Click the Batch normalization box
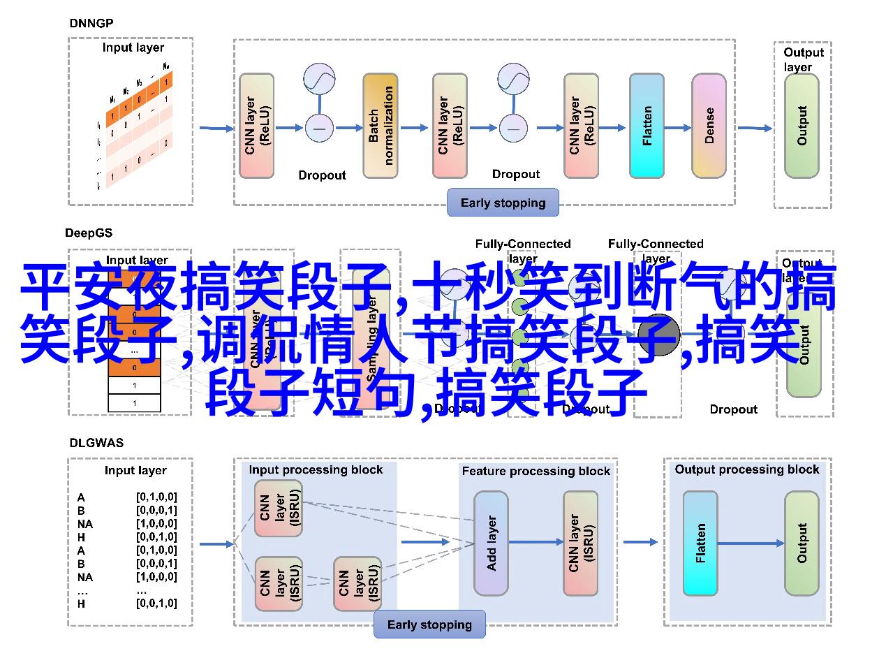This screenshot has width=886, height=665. click(x=381, y=126)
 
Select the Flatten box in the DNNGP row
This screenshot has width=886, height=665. click(x=647, y=126)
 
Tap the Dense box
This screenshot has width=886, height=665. click(x=709, y=126)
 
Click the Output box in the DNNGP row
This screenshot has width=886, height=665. click(x=802, y=126)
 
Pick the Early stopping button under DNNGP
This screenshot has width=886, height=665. click(x=503, y=203)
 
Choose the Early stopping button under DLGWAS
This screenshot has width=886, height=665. click(x=429, y=625)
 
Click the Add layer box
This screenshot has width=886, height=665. click(x=492, y=543)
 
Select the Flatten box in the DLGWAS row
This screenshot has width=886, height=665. click(x=700, y=543)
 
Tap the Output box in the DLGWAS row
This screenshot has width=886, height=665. click(x=802, y=543)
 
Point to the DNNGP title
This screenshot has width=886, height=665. click(x=91, y=23)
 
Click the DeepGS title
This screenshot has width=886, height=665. click(x=89, y=233)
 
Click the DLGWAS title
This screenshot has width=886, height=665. click(x=91, y=442)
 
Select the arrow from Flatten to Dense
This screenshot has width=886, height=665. click(x=677, y=128)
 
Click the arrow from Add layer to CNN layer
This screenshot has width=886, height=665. click(x=536, y=542)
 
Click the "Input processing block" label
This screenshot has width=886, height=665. click(x=316, y=470)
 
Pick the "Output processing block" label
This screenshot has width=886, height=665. click(x=746, y=469)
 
